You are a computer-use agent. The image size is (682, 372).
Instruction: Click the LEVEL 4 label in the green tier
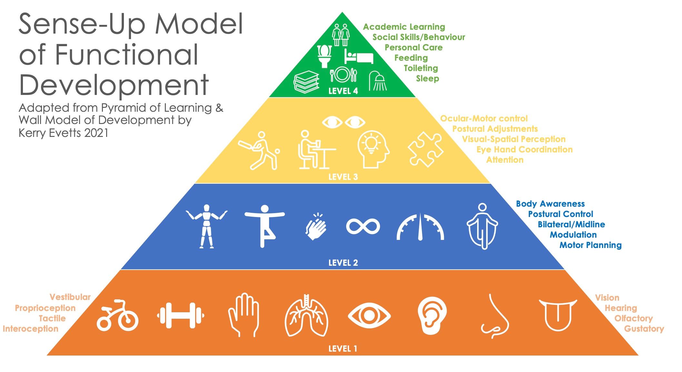[343, 91]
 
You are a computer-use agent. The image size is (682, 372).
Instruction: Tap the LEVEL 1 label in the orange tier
[343, 349]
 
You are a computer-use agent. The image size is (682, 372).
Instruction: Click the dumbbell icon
[180, 315]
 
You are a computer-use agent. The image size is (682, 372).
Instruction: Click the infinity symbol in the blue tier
[363, 226]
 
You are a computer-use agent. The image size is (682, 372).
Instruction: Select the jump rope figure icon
[482, 226]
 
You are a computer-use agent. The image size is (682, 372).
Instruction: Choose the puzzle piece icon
[426, 149]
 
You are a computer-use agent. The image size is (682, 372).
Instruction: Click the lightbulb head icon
[373, 149]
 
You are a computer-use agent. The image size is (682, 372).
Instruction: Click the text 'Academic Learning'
[404, 27]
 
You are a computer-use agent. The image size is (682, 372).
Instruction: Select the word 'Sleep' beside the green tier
[427, 78]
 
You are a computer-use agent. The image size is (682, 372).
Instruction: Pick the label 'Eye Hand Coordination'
[524, 150]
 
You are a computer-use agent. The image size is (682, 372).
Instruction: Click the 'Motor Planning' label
[590, 245]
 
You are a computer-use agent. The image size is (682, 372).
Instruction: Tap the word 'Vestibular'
[70, 297]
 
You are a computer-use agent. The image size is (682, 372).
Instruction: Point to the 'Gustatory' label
[644, 329]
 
